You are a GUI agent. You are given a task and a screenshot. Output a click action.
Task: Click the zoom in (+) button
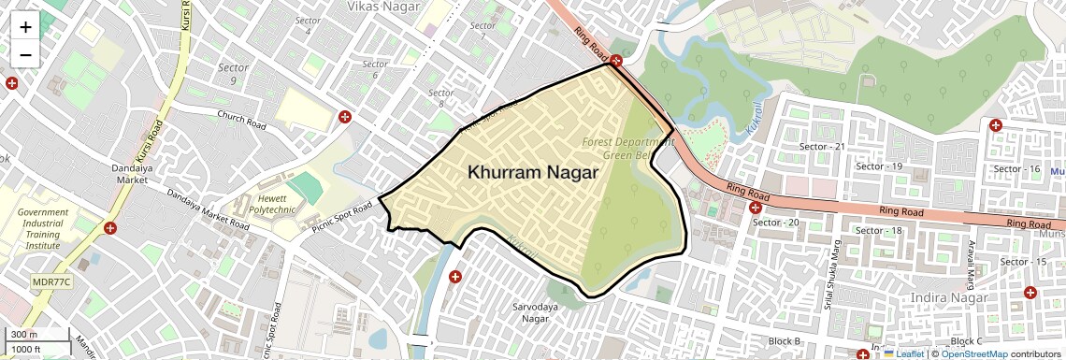(25, 27)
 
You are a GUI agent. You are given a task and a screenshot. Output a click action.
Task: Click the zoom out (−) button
(25, 55)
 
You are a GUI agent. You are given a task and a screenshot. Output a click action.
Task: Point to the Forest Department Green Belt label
(627, 148)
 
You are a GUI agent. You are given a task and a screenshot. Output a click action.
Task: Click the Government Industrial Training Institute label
(43, 229)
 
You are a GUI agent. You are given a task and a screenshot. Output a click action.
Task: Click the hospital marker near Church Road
(345, 117)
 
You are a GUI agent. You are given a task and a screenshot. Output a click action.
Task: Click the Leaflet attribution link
(904, 354)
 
